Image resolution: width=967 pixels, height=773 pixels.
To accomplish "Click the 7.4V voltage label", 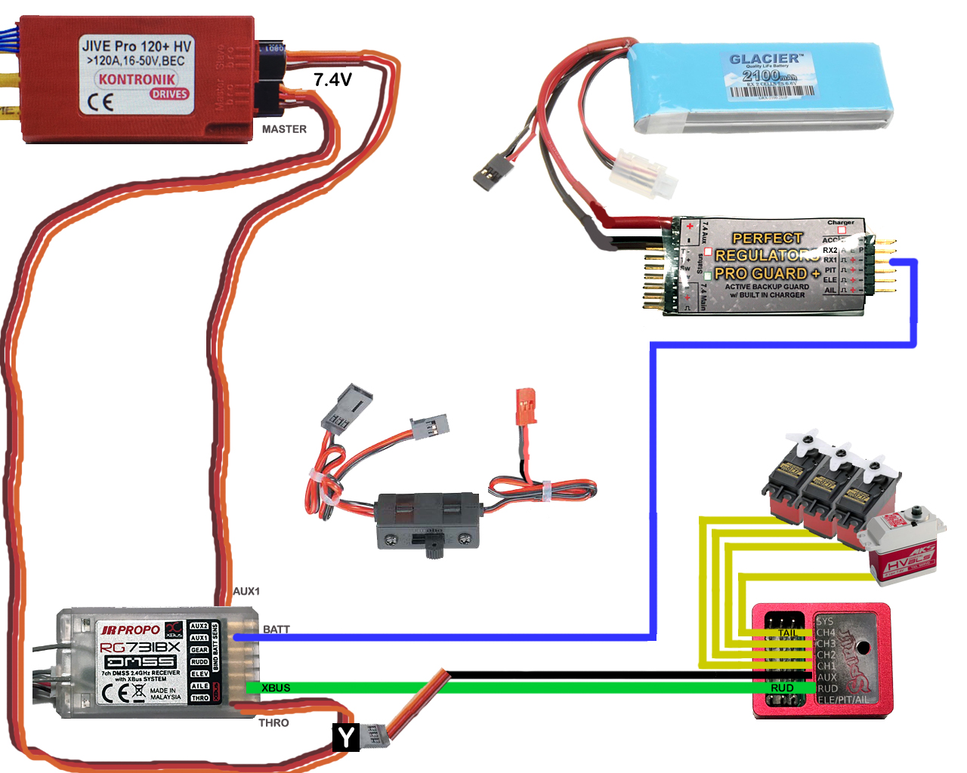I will point(332,79).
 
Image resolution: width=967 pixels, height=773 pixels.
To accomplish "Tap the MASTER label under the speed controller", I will point(284,129).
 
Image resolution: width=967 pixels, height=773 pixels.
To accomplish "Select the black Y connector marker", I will point(346,737).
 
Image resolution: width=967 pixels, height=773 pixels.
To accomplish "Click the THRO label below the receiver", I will point(273,722).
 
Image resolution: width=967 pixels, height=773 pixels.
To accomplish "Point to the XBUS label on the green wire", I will point(276,688).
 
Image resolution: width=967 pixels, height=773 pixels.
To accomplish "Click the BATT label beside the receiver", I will point(277,629).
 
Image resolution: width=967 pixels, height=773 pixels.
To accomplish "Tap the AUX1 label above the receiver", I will point(246,591).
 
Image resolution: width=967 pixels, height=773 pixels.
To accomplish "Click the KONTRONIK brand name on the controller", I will point(137,79).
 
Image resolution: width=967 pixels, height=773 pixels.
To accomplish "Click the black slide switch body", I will point(428,521).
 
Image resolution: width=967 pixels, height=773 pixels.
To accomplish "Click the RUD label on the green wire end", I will point(782,688).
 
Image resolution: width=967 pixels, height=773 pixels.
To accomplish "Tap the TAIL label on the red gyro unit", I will point(788,633).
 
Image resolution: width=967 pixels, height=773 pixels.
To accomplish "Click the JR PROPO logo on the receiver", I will point(131,630).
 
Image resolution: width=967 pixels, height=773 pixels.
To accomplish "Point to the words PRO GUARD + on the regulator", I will point(767,273).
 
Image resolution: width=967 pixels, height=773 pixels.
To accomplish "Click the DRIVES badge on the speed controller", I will point(169,94).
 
